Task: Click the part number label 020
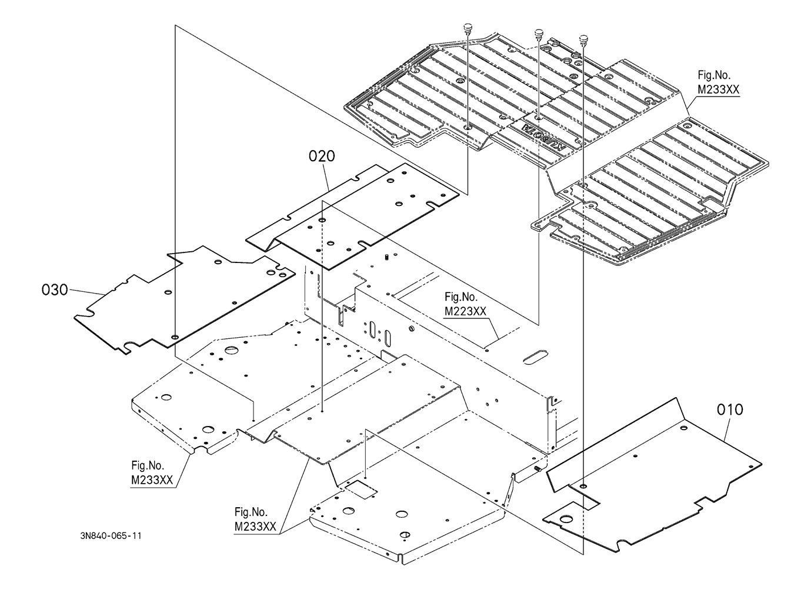[x=322, y=157]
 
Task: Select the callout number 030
[x=55, y=289]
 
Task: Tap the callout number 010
[x=730, y=410]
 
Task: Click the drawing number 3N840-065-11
[x=111, y=536]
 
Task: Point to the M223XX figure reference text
[x=465, y=311]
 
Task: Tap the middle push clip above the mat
[x=539, y=34]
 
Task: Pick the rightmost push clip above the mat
[x=583, y=39]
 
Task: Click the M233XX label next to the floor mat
[x=718, y=90]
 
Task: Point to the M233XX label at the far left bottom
[x=152, y=480]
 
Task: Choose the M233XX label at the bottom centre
[x=255, y=527]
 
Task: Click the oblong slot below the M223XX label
[x=536, y=357]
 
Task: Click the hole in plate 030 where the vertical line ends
[x=175, y=337]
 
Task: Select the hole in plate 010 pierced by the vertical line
[x=583, y=485]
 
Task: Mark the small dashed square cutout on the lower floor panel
[x=361, y=490]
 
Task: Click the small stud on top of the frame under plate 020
[x=386, y=258]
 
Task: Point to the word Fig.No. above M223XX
[x=461, y=297]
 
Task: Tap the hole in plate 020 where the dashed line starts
[x=322, y=220]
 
